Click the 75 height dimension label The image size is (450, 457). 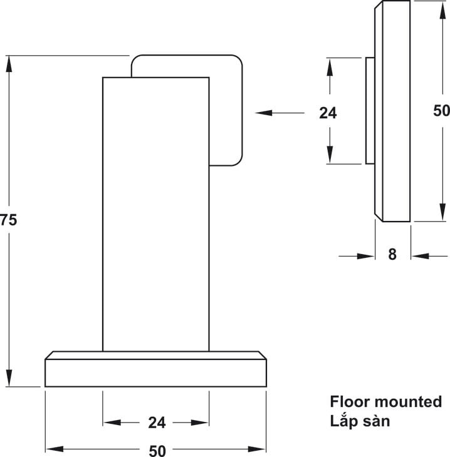pyautogui.click(x=8, y=220)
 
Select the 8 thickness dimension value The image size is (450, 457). pyautogui.click(x=392, y=254)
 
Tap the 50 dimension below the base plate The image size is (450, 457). pyautogui.click(x=157, y=451)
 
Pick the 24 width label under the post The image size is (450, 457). pyautogui.click(x=157, y=423)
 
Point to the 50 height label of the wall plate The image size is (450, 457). pyautogui.click(x=441, y=110)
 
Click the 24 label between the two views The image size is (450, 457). pyautogui.click(x=328, y=113)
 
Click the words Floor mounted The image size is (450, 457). pyautogui.click(x=386, y=402)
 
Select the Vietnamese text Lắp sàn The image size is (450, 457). pyautogui.click(x=360, y=421)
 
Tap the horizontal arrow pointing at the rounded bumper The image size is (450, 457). pyautogui.click(x=280, y=113)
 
